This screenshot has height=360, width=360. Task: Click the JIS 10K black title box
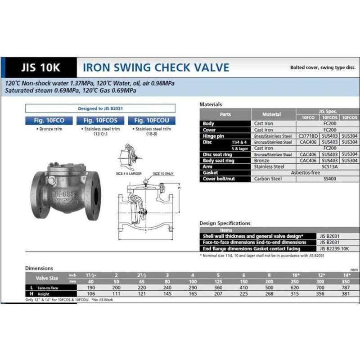click(40, 68)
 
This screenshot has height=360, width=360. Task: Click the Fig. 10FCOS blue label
click(100, 121)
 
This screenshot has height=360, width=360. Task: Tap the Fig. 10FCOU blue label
click(152, 121)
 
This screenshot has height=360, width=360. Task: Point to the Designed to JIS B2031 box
click(100, 108)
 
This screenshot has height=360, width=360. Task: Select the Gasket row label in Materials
click(211, 172)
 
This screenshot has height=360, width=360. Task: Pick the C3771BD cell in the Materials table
click(308, 136)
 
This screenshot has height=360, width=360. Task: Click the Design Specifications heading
click(225, 223)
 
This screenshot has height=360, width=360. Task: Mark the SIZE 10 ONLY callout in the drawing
click(162, 173)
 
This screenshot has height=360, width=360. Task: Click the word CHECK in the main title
click(175, 68)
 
